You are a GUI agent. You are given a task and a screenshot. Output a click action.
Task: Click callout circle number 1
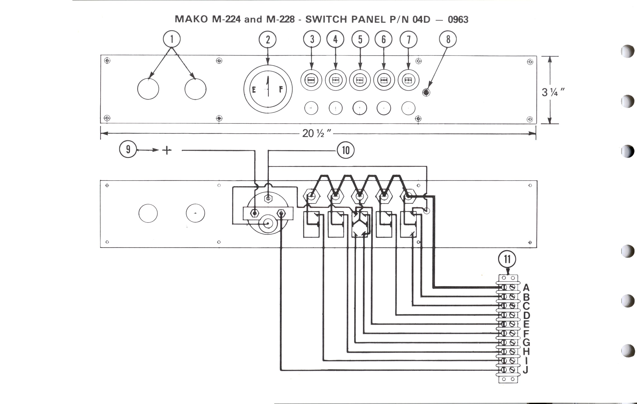tap(172, 39)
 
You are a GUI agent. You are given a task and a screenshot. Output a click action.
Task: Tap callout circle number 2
tap(267, 39)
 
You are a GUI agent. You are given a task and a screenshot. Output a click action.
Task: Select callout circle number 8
tap(448, 39)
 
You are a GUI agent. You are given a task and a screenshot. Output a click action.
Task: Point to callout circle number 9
tap(128, 149)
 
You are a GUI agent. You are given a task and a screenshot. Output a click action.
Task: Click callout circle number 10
tap(346, 150)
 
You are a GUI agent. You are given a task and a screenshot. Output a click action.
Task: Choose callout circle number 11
tap(507, 259)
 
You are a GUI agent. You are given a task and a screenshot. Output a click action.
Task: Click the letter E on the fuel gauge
tap(254, 90)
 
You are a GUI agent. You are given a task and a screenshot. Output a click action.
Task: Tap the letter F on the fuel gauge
tap(281, 89)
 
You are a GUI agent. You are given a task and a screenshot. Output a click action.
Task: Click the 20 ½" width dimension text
tap(316, 133)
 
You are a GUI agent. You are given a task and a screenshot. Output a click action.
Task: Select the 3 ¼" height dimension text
tap(553, 92)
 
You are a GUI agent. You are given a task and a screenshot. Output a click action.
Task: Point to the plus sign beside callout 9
tap(167, 150)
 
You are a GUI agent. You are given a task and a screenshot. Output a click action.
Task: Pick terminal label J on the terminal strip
tap(526, 369)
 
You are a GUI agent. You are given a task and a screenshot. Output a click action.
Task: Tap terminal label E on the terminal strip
tap(526, 324)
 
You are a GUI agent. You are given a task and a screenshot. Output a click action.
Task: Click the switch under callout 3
tap(311, 80)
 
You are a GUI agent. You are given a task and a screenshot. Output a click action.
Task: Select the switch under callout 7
tap(408, 80)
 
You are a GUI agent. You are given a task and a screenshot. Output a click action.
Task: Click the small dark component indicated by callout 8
tap(426, 92)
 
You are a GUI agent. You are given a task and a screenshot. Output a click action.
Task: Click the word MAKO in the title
tap(191, 19)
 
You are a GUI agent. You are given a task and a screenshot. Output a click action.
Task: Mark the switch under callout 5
tap(360, 80)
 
